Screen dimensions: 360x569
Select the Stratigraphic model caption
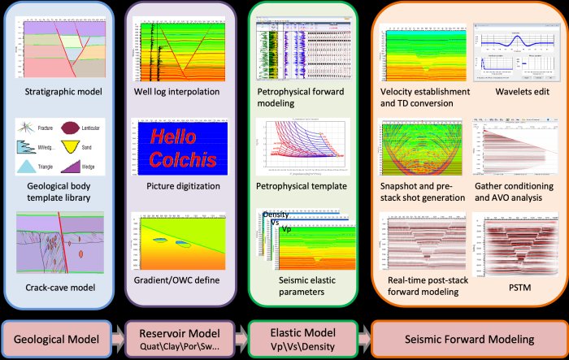tap(63, 90)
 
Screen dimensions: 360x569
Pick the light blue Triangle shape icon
tap(27, 167)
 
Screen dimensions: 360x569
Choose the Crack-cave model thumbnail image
tap(63, 241)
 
